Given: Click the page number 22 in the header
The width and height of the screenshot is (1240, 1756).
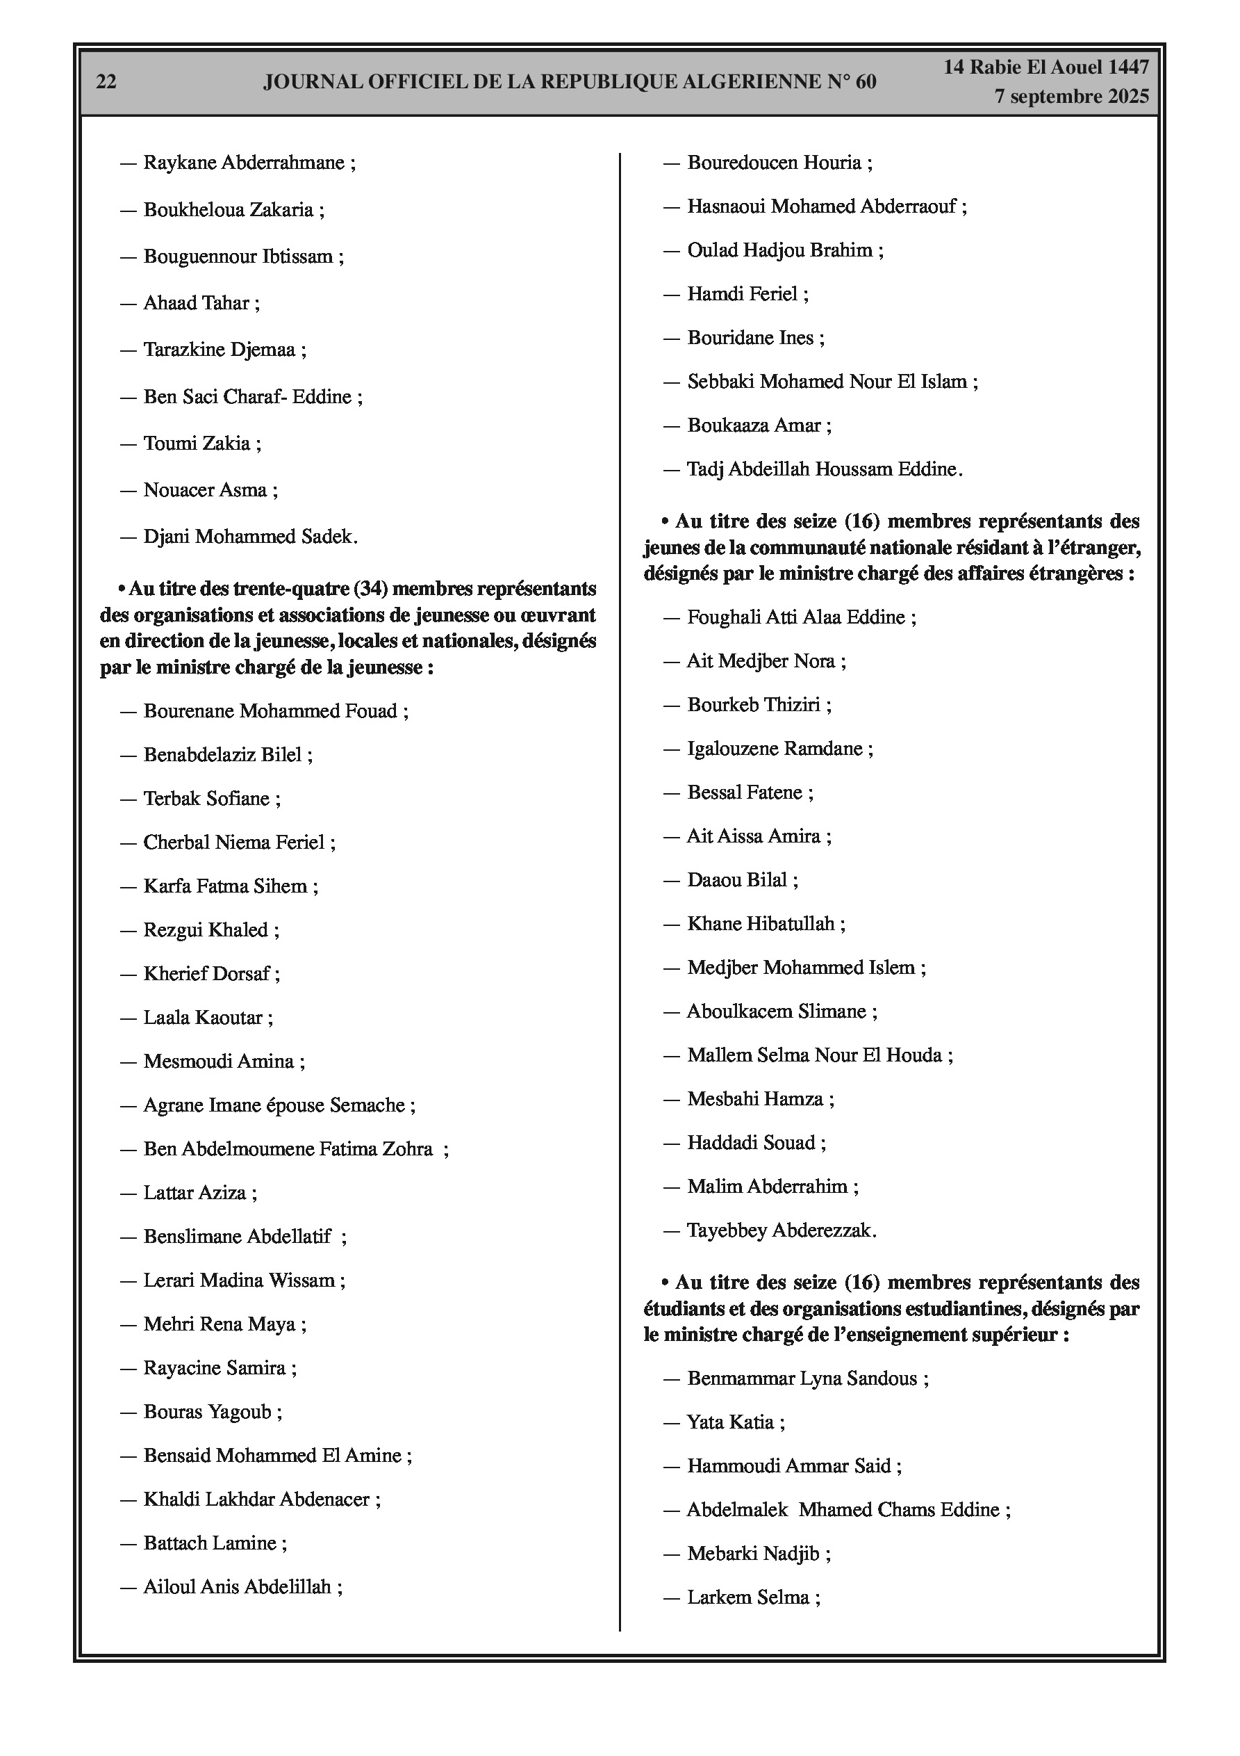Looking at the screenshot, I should pos(106,82).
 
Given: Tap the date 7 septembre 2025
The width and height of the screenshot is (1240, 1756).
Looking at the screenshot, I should pos(1071,97).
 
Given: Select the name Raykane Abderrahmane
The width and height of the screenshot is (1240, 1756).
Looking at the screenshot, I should pos(244,163).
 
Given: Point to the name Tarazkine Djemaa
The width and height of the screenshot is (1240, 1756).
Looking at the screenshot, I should pos(220,350).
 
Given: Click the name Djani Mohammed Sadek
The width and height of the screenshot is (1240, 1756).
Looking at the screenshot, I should pos(249,537).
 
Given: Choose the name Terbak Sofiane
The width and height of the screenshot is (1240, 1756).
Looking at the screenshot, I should pos(206,799).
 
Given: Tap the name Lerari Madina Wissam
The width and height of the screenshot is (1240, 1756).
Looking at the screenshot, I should pos(239,1281).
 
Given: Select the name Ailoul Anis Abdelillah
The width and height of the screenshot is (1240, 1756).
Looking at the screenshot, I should pos(237,1587).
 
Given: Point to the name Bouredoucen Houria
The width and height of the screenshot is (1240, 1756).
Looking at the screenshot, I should pos(775,163).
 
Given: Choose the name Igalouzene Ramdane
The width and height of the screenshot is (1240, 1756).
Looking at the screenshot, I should pos(775,748).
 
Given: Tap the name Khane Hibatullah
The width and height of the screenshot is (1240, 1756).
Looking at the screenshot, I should pos(761,924).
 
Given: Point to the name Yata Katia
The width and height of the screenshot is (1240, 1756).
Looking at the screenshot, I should pos(730,1422).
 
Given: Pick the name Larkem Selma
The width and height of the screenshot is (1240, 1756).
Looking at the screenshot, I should pos(747,1597).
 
